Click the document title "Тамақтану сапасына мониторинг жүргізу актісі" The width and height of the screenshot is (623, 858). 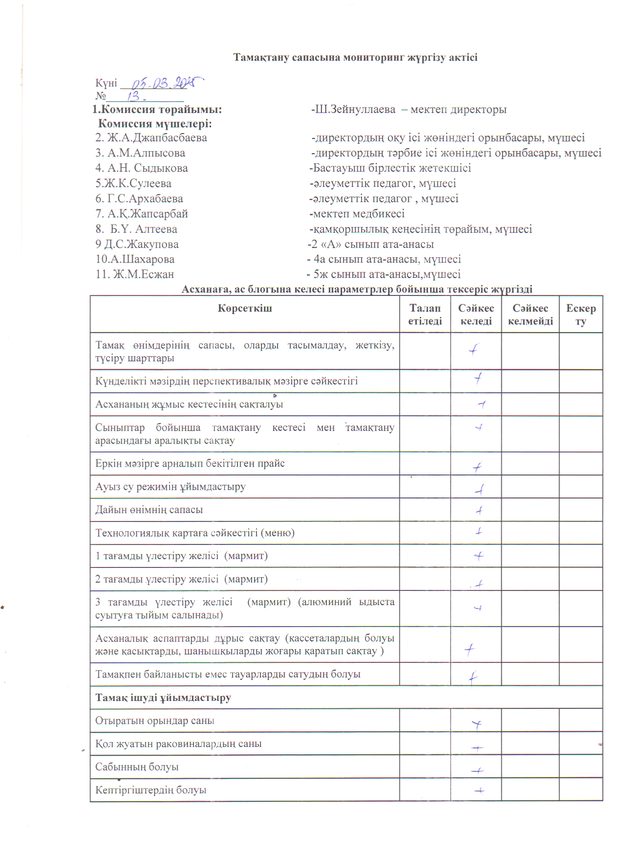[355, 58]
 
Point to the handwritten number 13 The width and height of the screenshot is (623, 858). [133, 96]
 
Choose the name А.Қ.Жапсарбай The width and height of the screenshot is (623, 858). [148, 214]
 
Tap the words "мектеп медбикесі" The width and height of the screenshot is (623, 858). [359, 214]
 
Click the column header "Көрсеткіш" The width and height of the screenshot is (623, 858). [245, 309]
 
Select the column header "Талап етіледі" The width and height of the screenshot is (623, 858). [425, 315]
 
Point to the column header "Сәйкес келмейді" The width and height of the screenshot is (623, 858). [530, 315]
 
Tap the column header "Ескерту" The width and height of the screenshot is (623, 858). [580, 315]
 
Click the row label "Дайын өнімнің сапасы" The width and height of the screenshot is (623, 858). [149, 510]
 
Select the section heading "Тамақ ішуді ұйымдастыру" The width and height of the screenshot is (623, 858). [163, 698]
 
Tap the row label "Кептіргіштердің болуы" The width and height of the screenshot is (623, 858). [150, 790]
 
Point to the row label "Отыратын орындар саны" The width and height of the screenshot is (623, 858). [154, 721]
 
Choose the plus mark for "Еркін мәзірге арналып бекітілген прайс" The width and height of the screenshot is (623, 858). [477, 467]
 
